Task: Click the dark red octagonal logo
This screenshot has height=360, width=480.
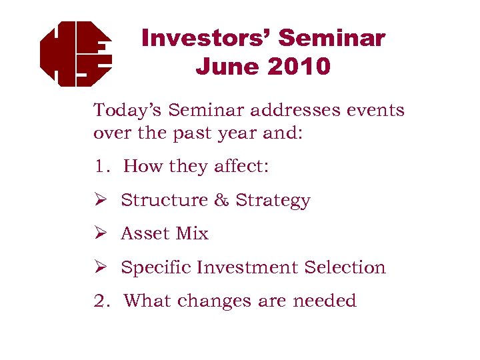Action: coord(75,54)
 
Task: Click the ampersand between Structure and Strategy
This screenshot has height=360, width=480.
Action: coord(221,200)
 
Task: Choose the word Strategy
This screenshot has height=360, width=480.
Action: coord(273,201)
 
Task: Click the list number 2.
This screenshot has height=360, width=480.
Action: coord(100,301)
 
